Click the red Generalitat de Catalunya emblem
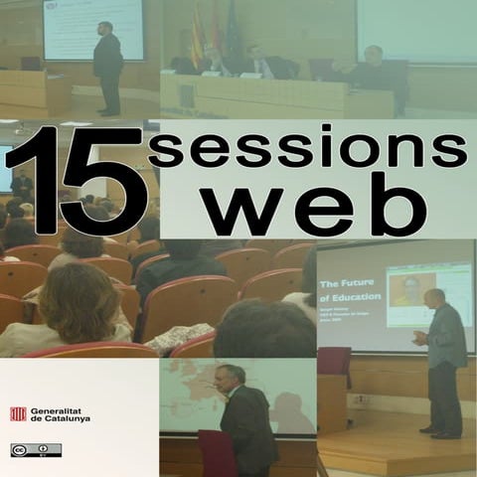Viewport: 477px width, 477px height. coord(18,413)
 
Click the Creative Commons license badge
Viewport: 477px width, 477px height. coord(36,450)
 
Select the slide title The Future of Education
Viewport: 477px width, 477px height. coord(348,295)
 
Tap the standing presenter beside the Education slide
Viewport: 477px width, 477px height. coord(443,362)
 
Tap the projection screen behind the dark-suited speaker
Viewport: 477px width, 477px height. coord(93,28)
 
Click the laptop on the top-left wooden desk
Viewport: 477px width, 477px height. coord(31,64)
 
